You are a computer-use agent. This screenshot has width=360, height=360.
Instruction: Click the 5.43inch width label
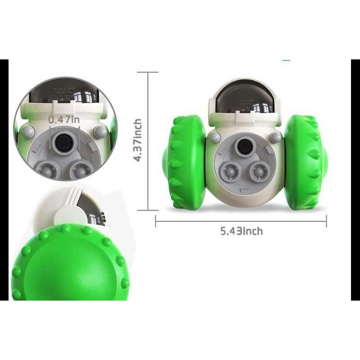pos(242,231)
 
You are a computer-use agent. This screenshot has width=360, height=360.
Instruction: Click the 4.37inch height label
pos(138,140)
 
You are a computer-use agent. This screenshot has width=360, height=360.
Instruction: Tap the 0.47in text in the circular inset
pos(64,120)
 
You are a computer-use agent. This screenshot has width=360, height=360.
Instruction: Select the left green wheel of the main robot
pos(185,162)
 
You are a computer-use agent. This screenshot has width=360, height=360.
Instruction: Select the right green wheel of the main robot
pos(306,162)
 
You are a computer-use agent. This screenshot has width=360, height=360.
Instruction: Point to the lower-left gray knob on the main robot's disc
pos(230,172)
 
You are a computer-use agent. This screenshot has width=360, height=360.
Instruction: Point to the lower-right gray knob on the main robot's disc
pos(260,172)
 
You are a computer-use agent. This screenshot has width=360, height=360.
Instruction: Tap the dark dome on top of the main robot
pos(244,96)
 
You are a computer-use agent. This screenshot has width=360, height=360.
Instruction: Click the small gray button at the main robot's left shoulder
pos(214,137)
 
